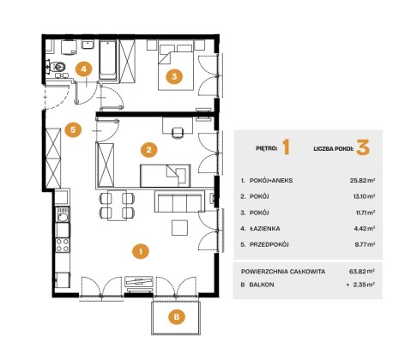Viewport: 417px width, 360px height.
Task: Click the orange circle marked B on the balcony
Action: pyautogui.click(x=177, y=317)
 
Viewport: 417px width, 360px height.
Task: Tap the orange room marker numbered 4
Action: pyautogui.click(x=83, y=69)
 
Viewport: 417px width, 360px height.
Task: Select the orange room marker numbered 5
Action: pyautogui.click(x=73, y=129)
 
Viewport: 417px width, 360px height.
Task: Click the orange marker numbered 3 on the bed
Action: pyautogui.click(x=174, y=76)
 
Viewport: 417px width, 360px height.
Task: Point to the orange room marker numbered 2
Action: pyautogui.click(x=148, y=149)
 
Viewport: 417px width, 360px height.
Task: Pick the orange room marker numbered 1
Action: pyautogui.click(x=141, y=251)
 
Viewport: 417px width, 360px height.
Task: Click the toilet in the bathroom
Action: pyautogui.click(x=57, y=67)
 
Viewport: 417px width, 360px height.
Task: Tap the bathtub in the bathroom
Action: pyautogui.click(x=108, y=60)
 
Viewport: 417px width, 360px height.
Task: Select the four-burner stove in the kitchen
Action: pyautogui.click(x=63, y=245)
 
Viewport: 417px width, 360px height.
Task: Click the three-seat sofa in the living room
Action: pyautogui.click(x=179, y=201)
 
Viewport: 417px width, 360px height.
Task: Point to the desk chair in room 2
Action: pyautogui.click(x=178, y=133)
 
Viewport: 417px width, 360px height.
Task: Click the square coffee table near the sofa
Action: pyautogui.click(x=179, y=227)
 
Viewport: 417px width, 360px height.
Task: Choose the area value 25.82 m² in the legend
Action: pyautogui.click(x=362, y=180)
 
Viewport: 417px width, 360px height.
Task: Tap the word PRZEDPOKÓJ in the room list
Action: pyautogui.click(x=269, y=244)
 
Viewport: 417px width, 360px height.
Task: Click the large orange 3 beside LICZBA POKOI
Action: pyautogui.click(x=363, y=147)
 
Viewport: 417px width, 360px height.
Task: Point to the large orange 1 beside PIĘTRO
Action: pyautogui.click(x=287, y=147)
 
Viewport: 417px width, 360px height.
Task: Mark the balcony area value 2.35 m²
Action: pyautogui.click(x=363, y=285)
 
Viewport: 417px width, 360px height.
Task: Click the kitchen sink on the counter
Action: pyautogui.click(x=63, y=215)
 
